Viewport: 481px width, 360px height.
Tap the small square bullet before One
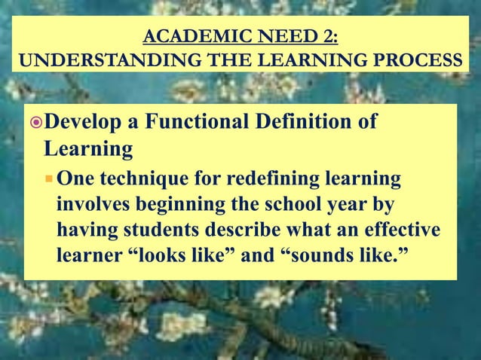coord(49,181)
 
